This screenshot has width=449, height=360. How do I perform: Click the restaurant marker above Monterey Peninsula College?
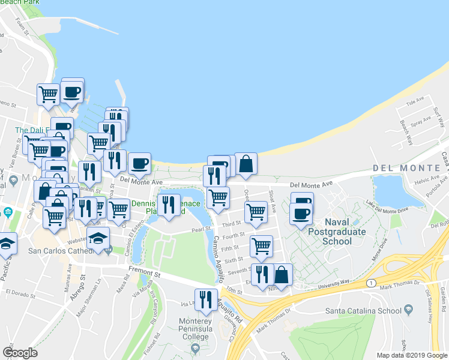tap(206, 299)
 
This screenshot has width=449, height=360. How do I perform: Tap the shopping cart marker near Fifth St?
tap(261, 246)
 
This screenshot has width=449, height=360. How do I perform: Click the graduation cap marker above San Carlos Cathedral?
tap(98, 238)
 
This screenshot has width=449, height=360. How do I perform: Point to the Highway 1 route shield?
tap(373, 282)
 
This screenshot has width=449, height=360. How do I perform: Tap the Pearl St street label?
tap(200, 229)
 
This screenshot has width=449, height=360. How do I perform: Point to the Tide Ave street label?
tap(411, 103)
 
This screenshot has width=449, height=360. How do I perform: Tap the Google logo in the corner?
tap(20, 353)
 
